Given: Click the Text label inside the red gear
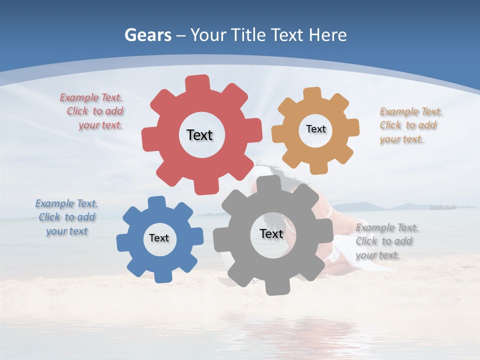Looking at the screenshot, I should point(199,135).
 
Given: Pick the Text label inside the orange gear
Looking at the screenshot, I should point(315,129).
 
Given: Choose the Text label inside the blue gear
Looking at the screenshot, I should point(158,238).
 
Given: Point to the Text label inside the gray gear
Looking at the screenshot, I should point(271,233).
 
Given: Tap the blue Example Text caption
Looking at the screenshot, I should point(66,217).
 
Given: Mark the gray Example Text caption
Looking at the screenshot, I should point(386,241).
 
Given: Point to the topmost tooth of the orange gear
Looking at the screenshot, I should point(312,93).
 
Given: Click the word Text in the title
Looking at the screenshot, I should point(287,35).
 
